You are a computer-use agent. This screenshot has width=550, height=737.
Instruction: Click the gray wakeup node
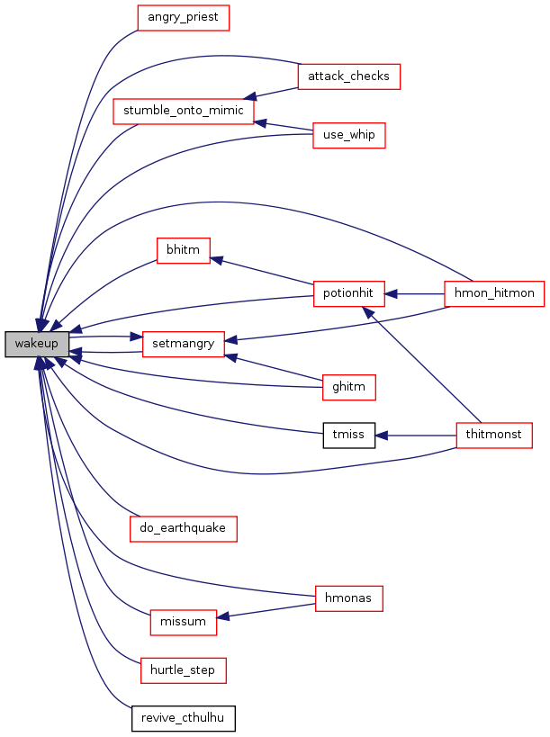point(37,344)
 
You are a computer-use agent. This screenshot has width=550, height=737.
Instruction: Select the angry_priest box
point(183,18)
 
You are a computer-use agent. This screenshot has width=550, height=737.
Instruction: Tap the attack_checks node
point(348,76)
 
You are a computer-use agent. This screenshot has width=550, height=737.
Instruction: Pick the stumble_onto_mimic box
point(184,112)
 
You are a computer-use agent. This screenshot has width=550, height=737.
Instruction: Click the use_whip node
point(348,135)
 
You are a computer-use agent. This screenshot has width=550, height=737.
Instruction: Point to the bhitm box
point(183,250)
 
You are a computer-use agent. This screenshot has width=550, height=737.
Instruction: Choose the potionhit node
point(348,293)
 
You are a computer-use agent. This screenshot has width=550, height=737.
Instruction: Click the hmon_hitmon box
point(494,293)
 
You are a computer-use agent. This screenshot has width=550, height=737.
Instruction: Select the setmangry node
point(184,344)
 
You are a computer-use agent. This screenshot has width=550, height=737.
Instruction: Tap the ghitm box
point(348,387)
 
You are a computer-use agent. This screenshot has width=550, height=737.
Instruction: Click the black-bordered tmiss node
point(348,436)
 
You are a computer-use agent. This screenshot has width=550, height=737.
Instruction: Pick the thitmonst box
point(494,436)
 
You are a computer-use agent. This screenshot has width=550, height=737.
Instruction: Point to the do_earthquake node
point(184,529)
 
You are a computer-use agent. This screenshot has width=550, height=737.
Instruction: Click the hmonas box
point(348,598)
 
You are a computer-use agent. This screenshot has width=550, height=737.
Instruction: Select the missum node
point(184,623)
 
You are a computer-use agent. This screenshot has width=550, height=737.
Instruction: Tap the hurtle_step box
point(183,670)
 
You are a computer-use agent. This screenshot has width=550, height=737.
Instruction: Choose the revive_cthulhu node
point(183,719)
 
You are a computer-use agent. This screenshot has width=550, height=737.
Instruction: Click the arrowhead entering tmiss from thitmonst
point(381,436)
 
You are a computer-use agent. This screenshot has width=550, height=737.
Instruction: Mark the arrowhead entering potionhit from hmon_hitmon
point(391,294)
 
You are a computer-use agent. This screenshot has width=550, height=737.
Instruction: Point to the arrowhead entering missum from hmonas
point(223,616)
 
